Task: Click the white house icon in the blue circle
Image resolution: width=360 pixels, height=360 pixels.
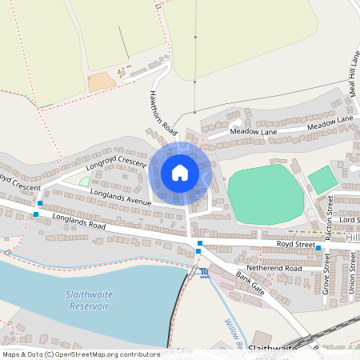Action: (x=180, y=172)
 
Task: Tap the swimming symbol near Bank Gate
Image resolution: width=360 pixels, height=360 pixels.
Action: (x=206, y=274)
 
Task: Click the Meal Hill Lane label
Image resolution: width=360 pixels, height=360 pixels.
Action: (x=354, y=72)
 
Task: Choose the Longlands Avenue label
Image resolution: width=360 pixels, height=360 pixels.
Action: (x=120, y=197)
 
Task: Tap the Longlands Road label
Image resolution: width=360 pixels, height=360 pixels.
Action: (x=79, y=220)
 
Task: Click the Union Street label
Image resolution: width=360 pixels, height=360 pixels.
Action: (x=353, y=272)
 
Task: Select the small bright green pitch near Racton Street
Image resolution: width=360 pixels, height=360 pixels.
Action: (x=322, y=179)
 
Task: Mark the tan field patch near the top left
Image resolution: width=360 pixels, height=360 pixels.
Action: (x=102, y=82)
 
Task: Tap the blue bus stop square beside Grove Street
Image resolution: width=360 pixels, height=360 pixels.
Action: (x=318, y=248)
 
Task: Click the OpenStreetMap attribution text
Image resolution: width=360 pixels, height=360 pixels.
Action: (x=81, y=354)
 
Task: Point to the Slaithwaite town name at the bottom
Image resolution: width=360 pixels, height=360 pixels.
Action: (x=271, y=349)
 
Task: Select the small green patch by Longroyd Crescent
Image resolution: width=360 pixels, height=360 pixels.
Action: (x=85, y=182)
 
